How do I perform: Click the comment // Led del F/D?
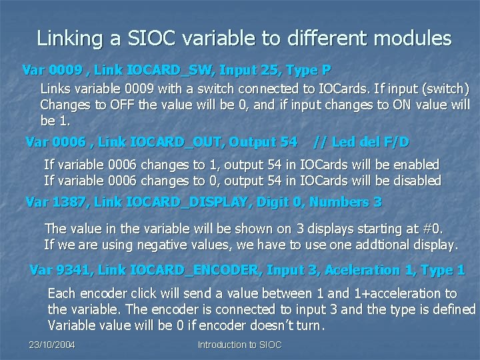pyautogui.click(x=361, y=142)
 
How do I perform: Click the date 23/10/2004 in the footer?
pyautogui.click(x=52, y=345)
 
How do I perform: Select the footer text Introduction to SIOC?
pyautogui.click(x=239, y=345)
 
